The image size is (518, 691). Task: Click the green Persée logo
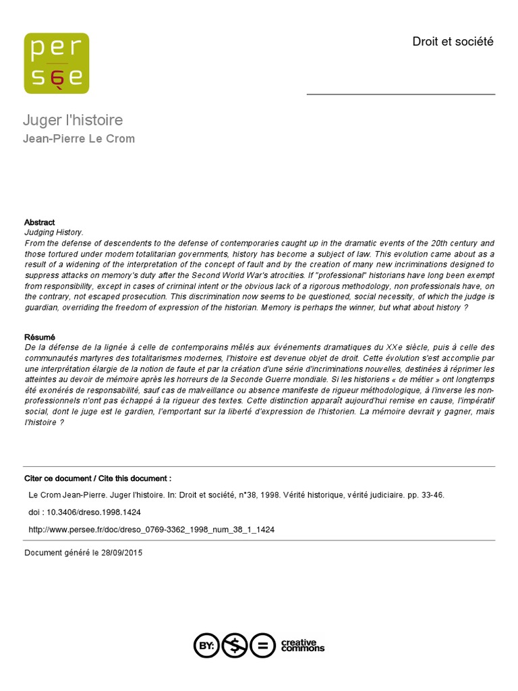pyautogui.click(x=57, y=63)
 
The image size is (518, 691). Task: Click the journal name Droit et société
pyautogui.click(x=453, y=42)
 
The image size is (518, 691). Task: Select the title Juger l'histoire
pyautogui.click(x=73, y=121)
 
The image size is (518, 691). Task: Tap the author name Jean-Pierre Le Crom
pyautogui.click(x=79, y=139)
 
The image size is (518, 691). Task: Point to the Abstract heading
pyautogui.click(x=40, y=222)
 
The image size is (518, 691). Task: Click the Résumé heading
pyautogui.click(x=40, y=337)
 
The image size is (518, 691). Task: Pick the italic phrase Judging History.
pyautogui.click(x=54, y=232)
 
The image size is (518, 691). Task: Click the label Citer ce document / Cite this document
pyautogui.click(x=98, y=478)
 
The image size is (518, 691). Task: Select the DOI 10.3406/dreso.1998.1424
pyautogui.click(x=93, y=512)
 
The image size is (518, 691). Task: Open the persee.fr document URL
pyautogui.click(x=151, y=530)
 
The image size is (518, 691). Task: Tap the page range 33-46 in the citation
pyautogui.click(x=432, y=495)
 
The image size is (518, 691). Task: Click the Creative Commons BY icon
pyautogui.click(x=206, y=645)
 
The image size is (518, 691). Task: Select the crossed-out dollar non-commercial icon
pyautogui.click(x=235, y=645)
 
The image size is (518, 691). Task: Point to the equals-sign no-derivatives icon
pyautogui.click(x=263, y=645)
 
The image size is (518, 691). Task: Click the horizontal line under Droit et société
pyautogui.click(x=401, y=94)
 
